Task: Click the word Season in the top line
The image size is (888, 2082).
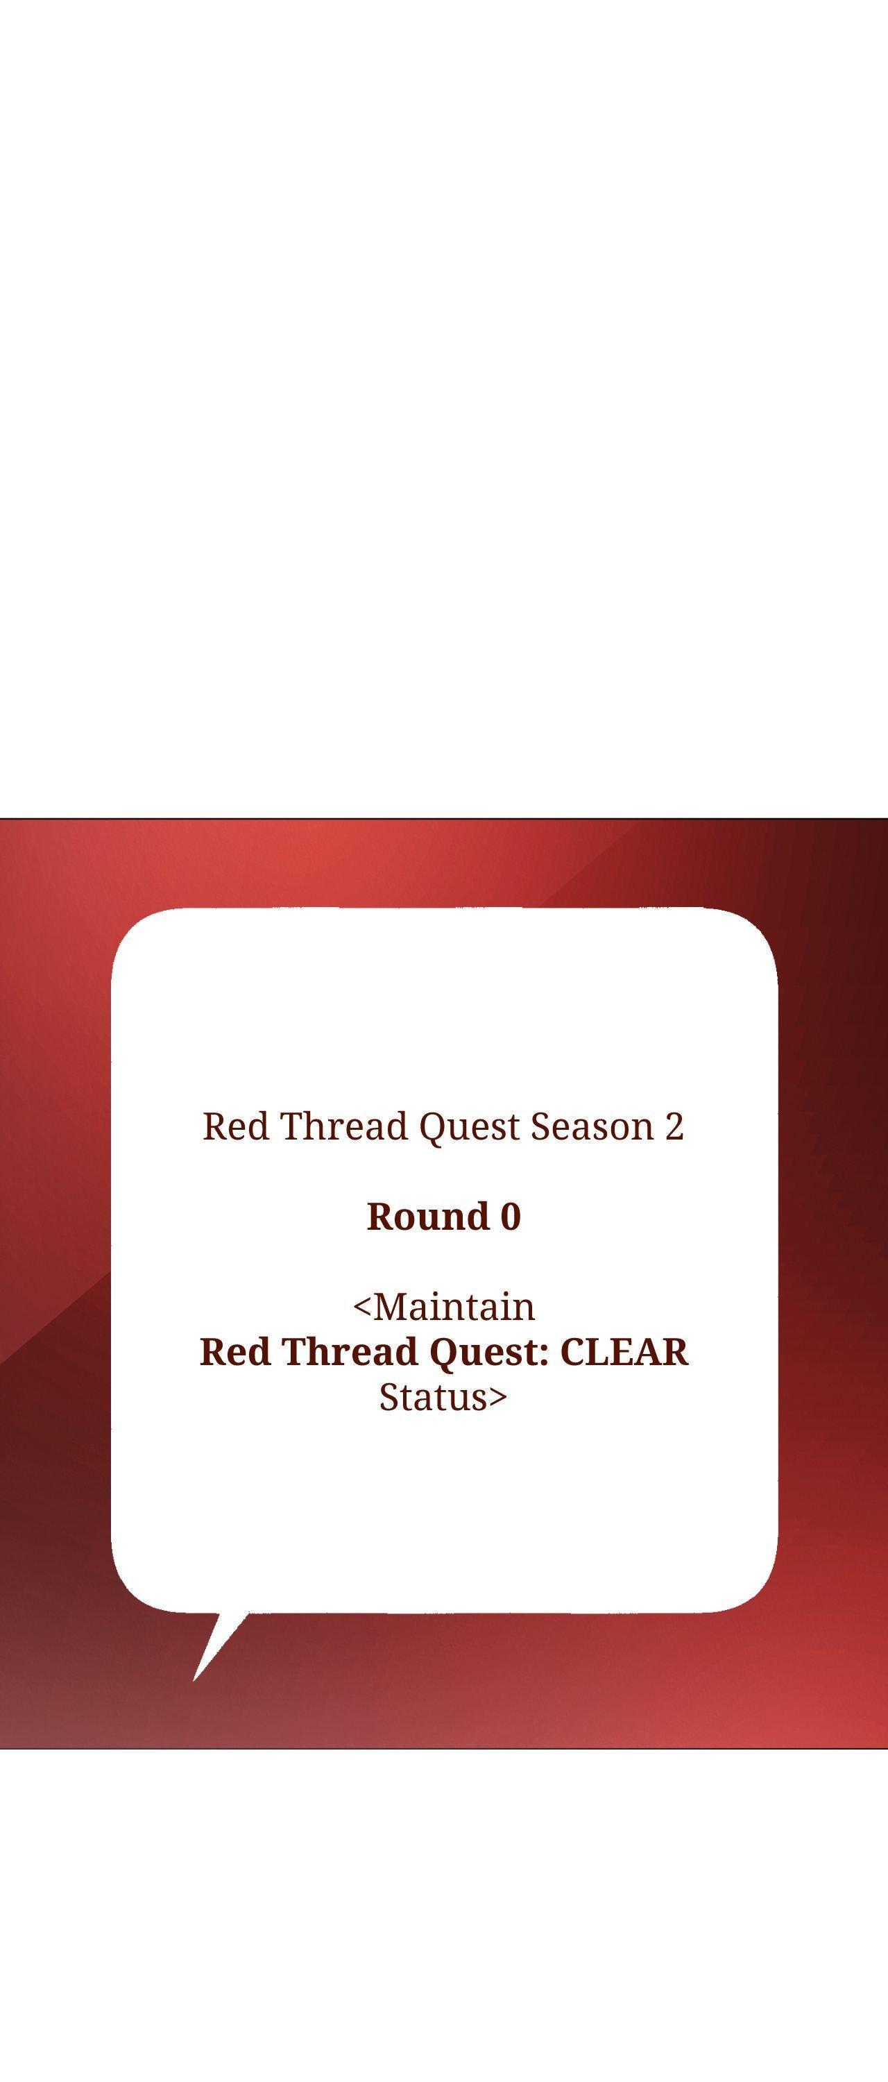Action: click(592, 1126)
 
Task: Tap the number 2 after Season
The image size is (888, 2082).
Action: click(675, 1126)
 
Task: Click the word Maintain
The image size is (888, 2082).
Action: click(454, 1307)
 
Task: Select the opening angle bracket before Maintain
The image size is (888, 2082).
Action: click(363, 1307)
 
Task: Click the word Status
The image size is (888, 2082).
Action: click(434, 1398)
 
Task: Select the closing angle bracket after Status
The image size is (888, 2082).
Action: click(497, 1398)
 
